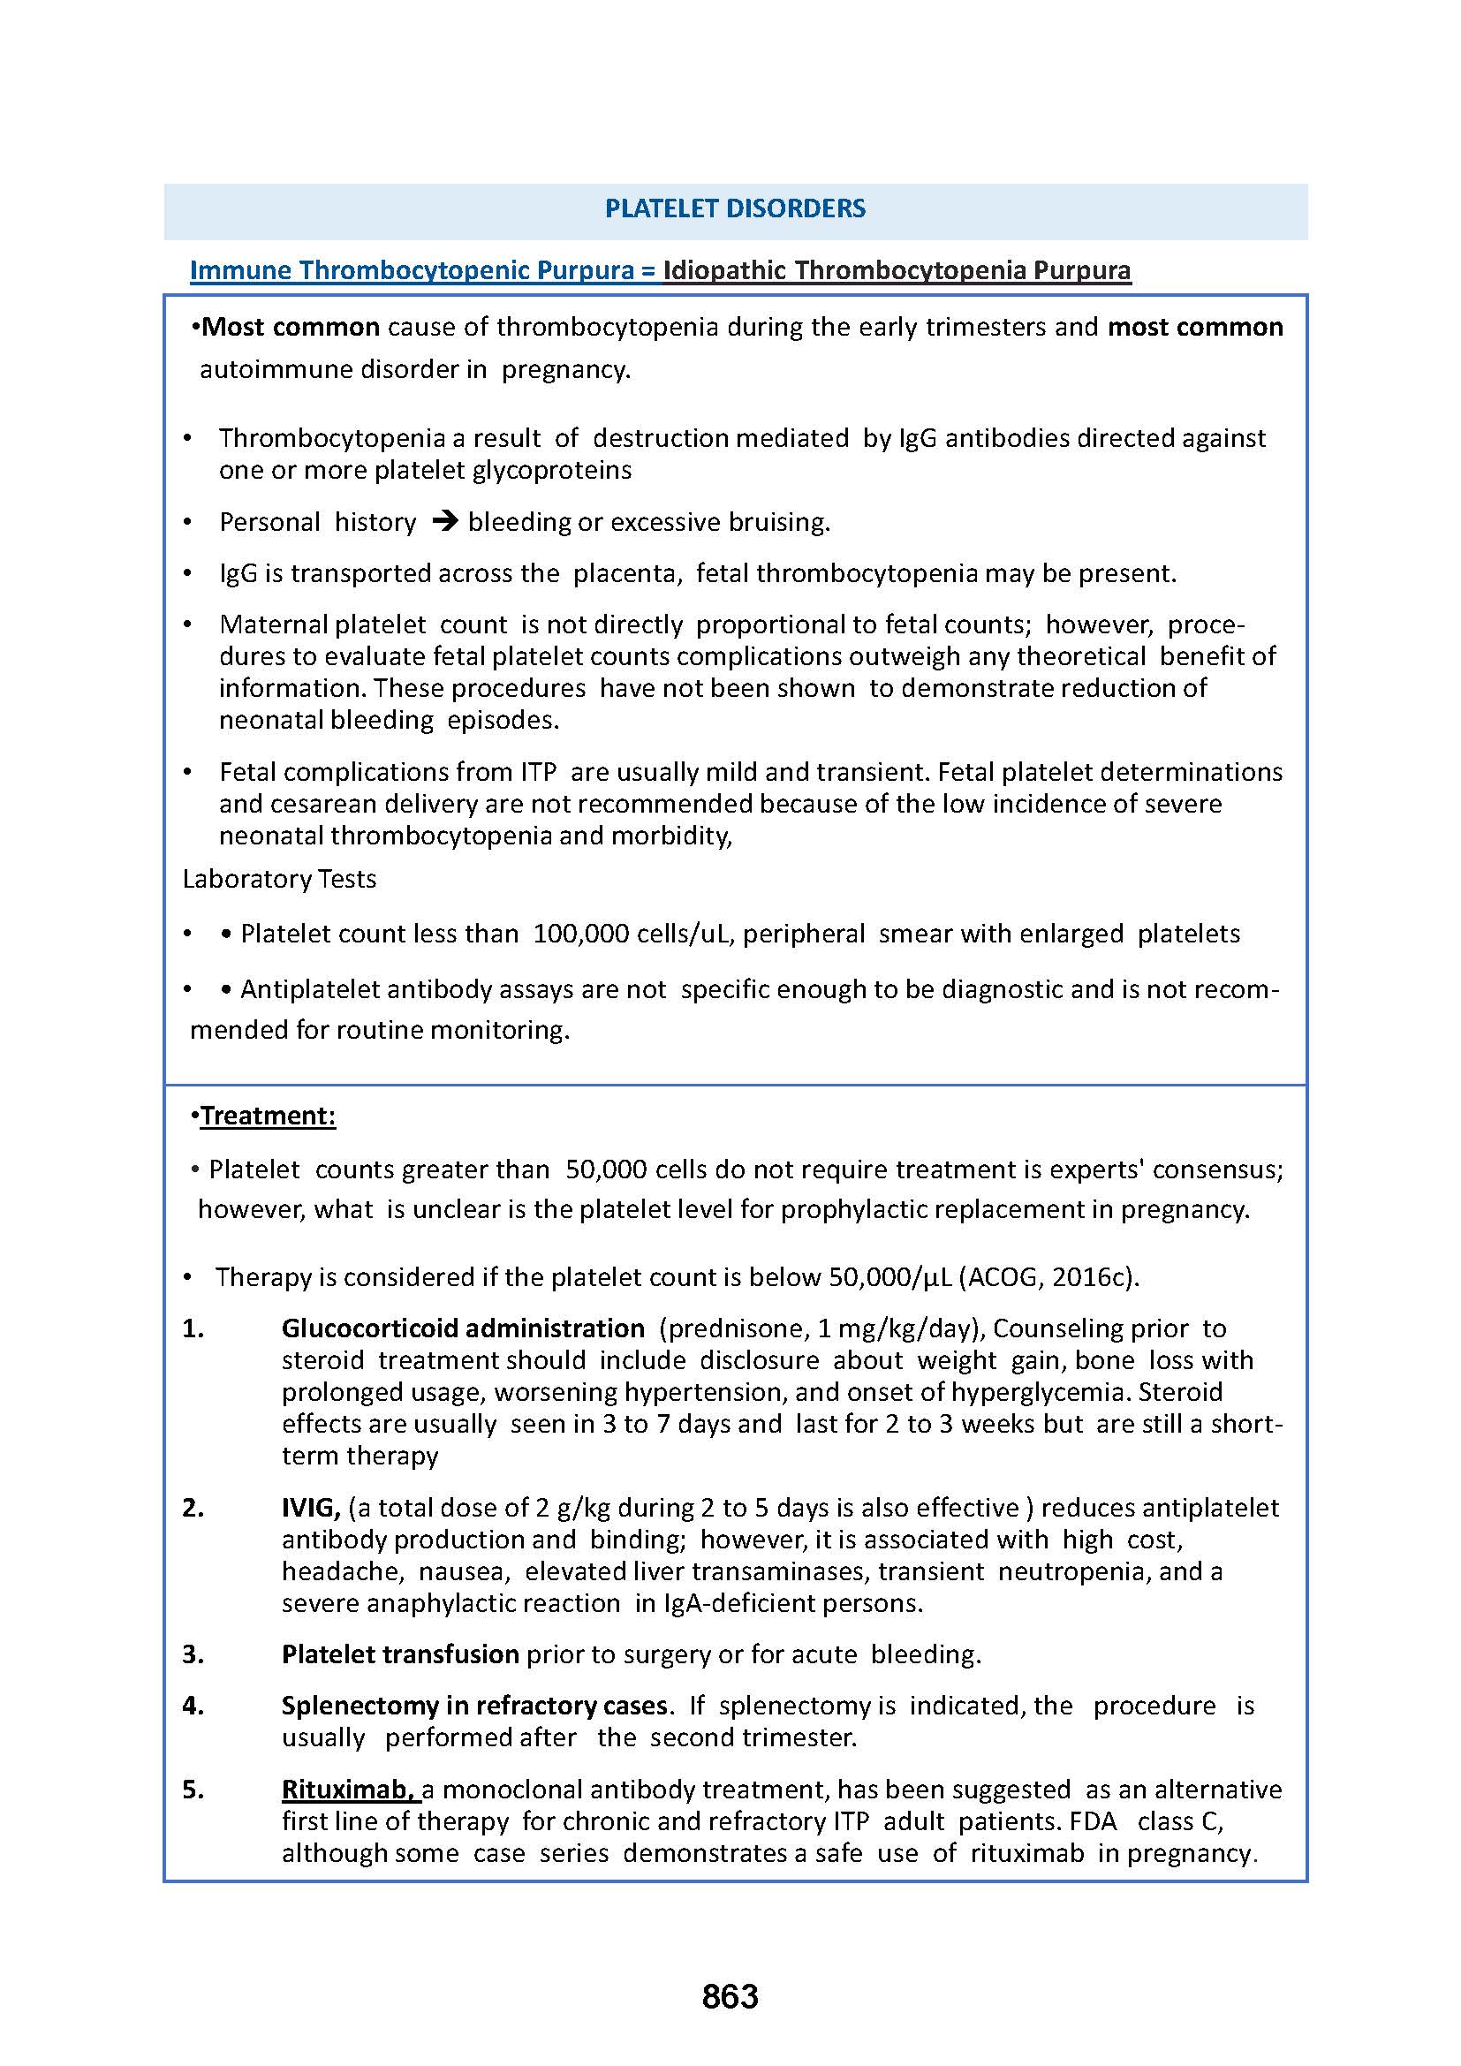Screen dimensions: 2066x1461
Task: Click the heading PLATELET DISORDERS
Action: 734,208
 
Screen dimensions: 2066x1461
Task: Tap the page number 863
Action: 730,1996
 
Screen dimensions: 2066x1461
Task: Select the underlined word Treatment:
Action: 269,1116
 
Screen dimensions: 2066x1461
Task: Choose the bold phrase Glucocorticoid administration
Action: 462,1328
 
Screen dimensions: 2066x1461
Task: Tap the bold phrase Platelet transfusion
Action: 399,1654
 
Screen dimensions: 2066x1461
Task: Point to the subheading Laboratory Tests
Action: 279,879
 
